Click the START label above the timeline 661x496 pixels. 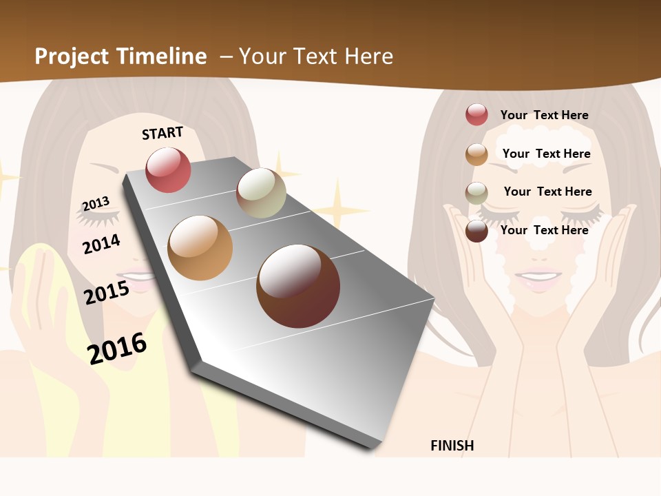tap(162, 132)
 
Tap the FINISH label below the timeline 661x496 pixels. tap(452, 446)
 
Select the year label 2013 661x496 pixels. tap(96, 203)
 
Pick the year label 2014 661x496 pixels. tap(101, 244)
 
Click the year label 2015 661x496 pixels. tap(107, 292)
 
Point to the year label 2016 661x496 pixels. tap(118, 348)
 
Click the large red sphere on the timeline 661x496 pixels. tap(168, 170)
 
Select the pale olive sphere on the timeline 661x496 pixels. tap(261, 193)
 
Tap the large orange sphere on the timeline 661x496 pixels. tap(200, 248)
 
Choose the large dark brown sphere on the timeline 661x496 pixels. tap(298, 286)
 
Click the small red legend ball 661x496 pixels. tap(476, 114)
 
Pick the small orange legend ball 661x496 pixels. tap(476, 154)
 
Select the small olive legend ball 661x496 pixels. tap(476, 193)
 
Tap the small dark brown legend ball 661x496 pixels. tap(476, 231)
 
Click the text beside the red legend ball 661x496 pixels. tap(544, 115)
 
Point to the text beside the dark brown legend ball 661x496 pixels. tap(544, 230)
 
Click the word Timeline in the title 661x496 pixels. tap(162, 56)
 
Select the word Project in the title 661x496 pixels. tap(72, 56)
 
